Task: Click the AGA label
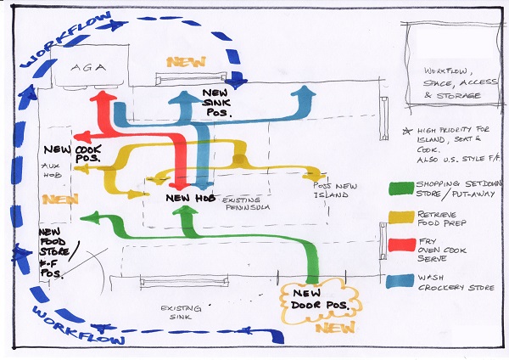pos(87,66)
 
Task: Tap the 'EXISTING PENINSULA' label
pos(252,204)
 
